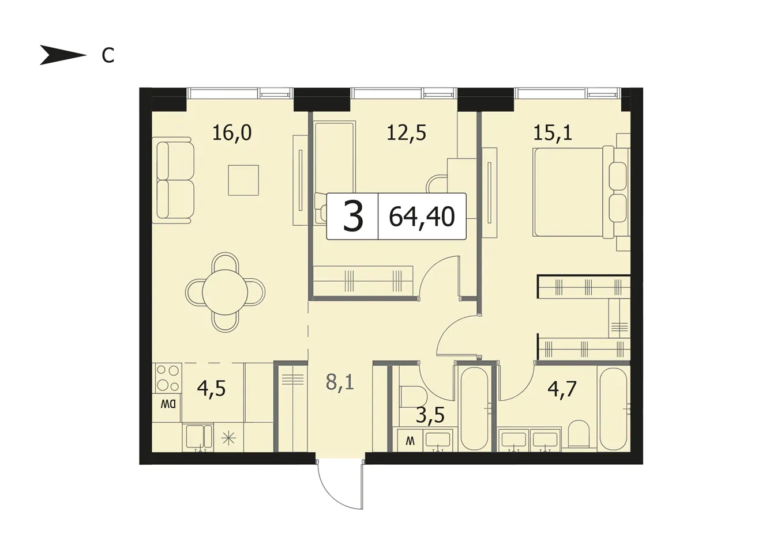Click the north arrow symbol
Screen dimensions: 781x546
pos(63,55)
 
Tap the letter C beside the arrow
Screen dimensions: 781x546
pos(108,55)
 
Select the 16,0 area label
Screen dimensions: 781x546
pos(232,132)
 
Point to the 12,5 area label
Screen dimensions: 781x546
pos(407,132)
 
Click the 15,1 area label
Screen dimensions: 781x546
pos(553,132)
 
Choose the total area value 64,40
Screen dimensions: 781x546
pos(422,217)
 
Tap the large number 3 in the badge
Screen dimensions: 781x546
pos(353,217)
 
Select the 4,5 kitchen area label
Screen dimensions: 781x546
pos(212,388)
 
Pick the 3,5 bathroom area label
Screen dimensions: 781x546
pos(430,415)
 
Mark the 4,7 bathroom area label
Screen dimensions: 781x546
pos(562,389)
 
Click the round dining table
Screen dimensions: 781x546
pos(225,292)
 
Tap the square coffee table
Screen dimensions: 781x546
pos(243,180)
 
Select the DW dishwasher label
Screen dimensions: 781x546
pos(167,404)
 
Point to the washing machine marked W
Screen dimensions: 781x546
pos(410,441)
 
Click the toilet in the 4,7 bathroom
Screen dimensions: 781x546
pos(579,434)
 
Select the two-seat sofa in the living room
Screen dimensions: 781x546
pos(173,180)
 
